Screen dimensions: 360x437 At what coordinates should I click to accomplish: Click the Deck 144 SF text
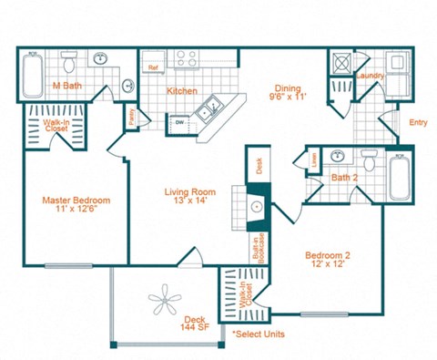[x=194, y=324]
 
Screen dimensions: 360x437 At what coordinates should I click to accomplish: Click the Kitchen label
[x=181, y=89]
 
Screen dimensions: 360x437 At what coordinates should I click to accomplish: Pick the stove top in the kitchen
[x=188, y=59]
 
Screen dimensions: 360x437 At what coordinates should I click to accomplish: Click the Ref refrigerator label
[x=153, y=66]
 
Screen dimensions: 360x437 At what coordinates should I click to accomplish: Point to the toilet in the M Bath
[x=69, y=62]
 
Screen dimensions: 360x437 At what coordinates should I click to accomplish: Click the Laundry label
[x=371, y=76]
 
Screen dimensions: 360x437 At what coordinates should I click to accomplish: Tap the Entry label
[x=418, y=122]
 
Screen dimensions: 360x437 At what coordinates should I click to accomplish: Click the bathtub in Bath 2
[x=401, y=178]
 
